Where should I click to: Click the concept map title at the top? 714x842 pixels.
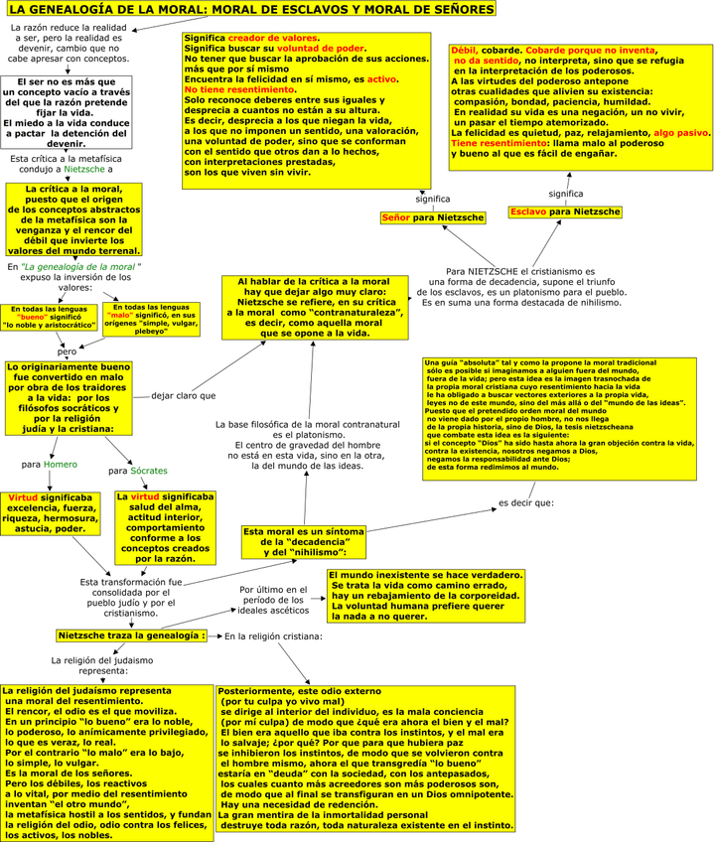(249, 10)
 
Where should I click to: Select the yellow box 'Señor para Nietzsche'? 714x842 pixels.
(433, 217)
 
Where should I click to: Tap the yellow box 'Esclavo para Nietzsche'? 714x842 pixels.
(565, 212)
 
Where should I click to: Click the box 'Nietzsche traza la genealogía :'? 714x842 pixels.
(132, 634)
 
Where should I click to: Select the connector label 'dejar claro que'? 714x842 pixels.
(183, 395)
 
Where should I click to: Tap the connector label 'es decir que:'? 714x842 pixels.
(526, 502)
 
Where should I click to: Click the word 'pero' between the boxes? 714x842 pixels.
(67, 351)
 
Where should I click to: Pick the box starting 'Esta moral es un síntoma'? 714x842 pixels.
(303, 541)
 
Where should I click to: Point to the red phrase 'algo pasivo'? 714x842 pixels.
(681, 132)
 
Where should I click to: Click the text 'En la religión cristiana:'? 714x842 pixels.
(274, 635)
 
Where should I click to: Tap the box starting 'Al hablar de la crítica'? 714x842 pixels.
(315, 308)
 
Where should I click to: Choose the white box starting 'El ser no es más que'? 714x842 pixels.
(66, 111)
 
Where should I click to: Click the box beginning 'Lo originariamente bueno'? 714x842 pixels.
(69, 397)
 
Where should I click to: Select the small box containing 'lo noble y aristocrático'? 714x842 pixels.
(48, 318)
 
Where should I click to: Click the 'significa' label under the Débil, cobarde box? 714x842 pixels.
(566, 194)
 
